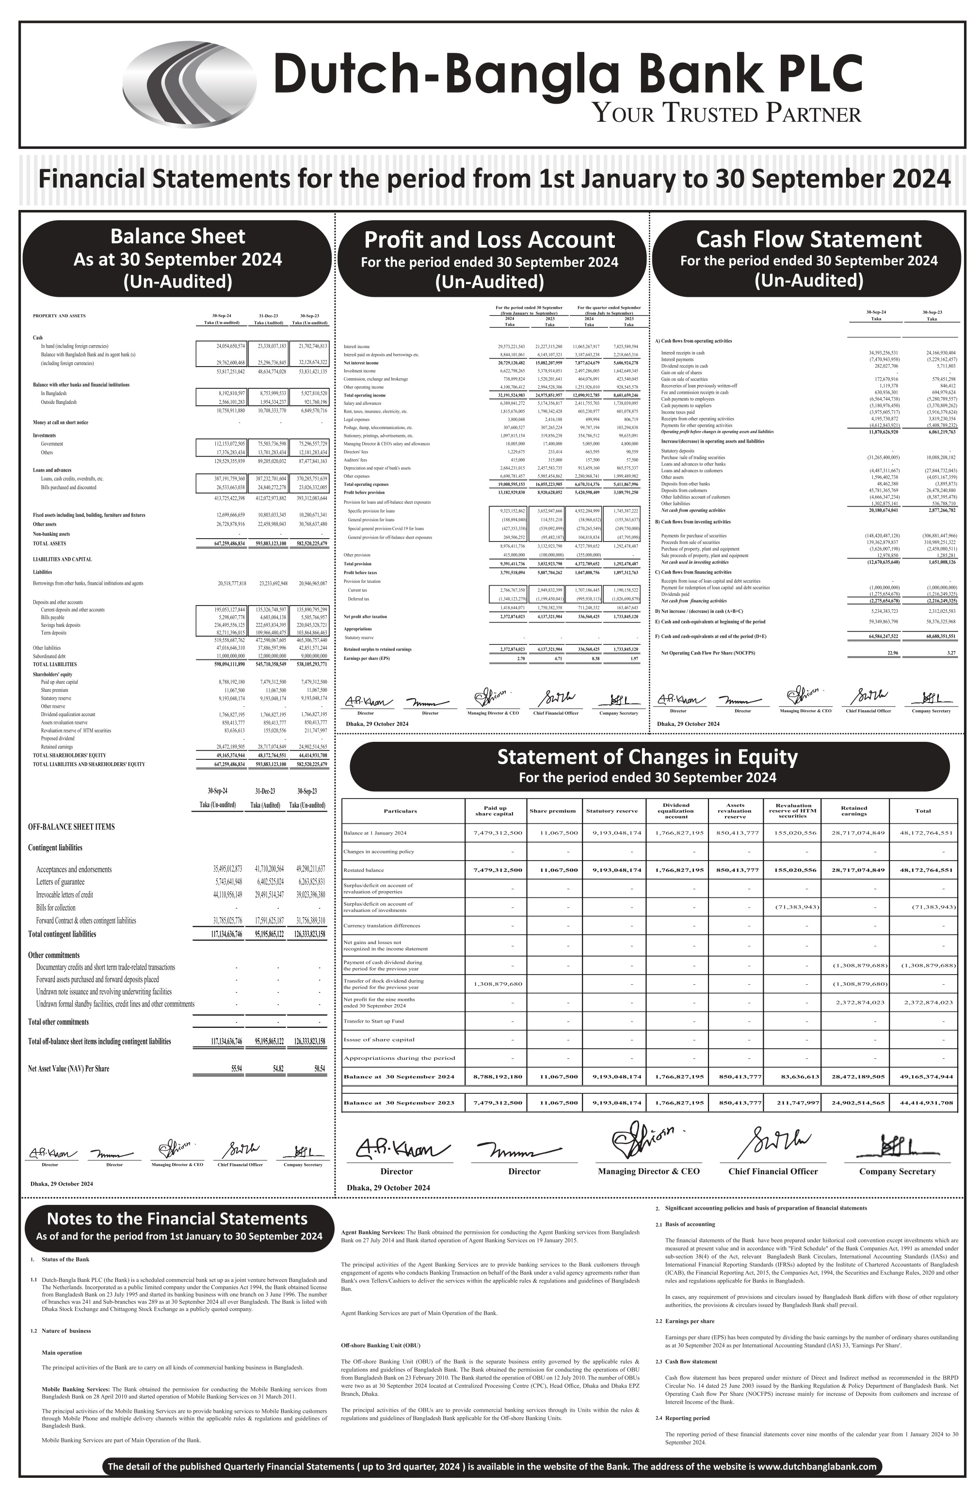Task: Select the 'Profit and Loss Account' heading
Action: coord(489,240)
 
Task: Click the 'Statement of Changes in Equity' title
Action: coord(647,756)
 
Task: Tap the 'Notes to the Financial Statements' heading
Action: coord(177,1218)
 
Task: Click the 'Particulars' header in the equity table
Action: coord(400,811)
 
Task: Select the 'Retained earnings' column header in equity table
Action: coord(853,811)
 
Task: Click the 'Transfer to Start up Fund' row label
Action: coord(373,1021)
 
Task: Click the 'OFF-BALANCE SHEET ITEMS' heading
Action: coord(71,827)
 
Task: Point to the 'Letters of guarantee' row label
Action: coord(64,881)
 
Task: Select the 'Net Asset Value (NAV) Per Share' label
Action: coord(69,1069)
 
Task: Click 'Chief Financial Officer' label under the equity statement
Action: coord(772,1171)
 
